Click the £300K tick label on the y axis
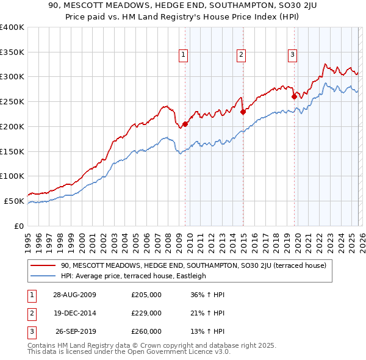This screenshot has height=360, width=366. [x=12, y=77]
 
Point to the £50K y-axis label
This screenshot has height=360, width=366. [x=14, y=201]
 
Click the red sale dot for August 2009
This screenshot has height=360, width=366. [x=185, y=124]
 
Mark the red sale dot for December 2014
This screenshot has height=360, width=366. [x=242, y=112]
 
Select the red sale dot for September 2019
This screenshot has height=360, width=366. [x=294, y=96]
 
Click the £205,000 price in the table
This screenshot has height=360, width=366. [x=146, y=295]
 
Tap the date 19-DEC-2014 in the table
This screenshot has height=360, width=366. [x=76, y=313]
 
